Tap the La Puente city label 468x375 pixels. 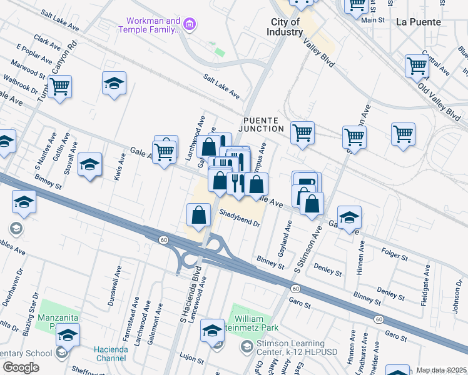419,22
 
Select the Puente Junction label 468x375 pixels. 263,124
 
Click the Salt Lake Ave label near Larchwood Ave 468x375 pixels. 221,86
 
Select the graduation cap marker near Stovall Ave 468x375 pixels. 89,164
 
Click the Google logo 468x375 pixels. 21,367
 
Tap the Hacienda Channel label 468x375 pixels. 111,354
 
